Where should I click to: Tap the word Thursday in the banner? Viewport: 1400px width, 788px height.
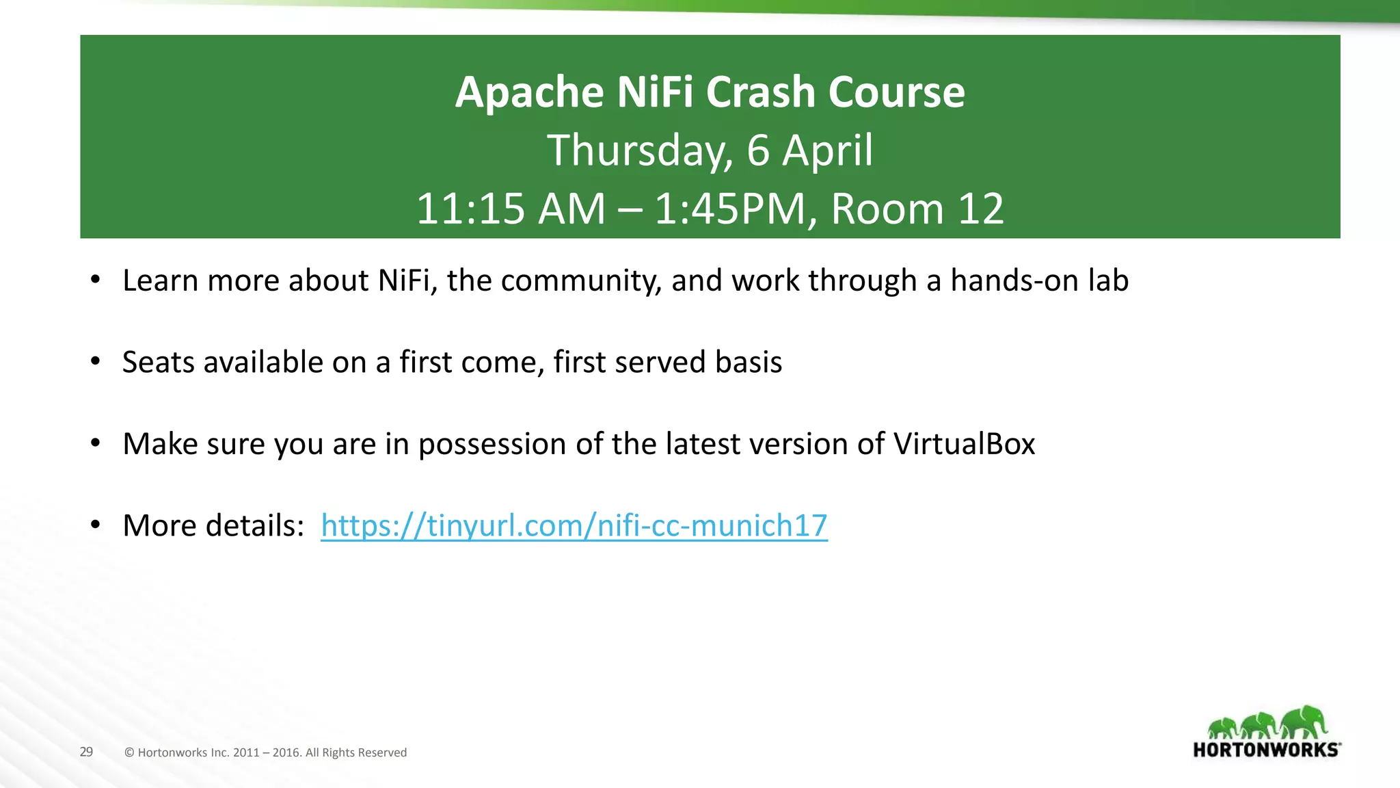tap(639, 150)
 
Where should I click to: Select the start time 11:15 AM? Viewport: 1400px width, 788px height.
tap(511, 209)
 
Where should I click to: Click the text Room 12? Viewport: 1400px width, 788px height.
tap(917, 209)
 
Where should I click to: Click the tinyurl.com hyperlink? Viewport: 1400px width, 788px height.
tap(574, 525)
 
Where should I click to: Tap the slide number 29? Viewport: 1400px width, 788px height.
tap(86, 752)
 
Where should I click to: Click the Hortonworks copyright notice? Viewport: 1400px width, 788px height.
tap(266, 752)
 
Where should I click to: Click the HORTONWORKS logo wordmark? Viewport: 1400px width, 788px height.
tap(1266, 750)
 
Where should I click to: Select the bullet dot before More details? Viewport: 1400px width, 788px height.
tap(96, 525)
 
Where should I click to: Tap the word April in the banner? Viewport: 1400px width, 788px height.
tap(827, 150)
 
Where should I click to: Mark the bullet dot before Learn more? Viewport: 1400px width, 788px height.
tap(96, 280)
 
